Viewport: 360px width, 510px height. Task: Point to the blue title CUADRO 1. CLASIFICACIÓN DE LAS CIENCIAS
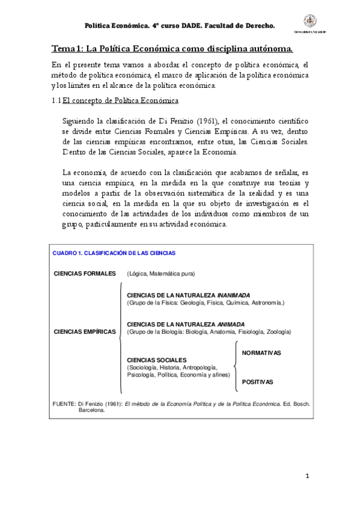[x=114, y=253]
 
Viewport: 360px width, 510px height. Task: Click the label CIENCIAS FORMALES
[x=85, y=274]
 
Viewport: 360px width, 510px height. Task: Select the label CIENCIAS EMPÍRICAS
[x=85, y=331]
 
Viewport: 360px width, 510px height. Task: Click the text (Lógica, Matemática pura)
[x=160, y=274]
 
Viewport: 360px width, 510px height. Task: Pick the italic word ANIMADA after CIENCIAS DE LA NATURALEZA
[x=231, y=324]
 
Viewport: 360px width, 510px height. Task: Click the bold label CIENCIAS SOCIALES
[x=157, y=360]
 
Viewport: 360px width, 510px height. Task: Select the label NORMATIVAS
[x=261, y=352]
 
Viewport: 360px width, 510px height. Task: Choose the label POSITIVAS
[x=257, y=382]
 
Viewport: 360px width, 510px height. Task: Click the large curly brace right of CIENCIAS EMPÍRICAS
[x=121, y=331]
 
